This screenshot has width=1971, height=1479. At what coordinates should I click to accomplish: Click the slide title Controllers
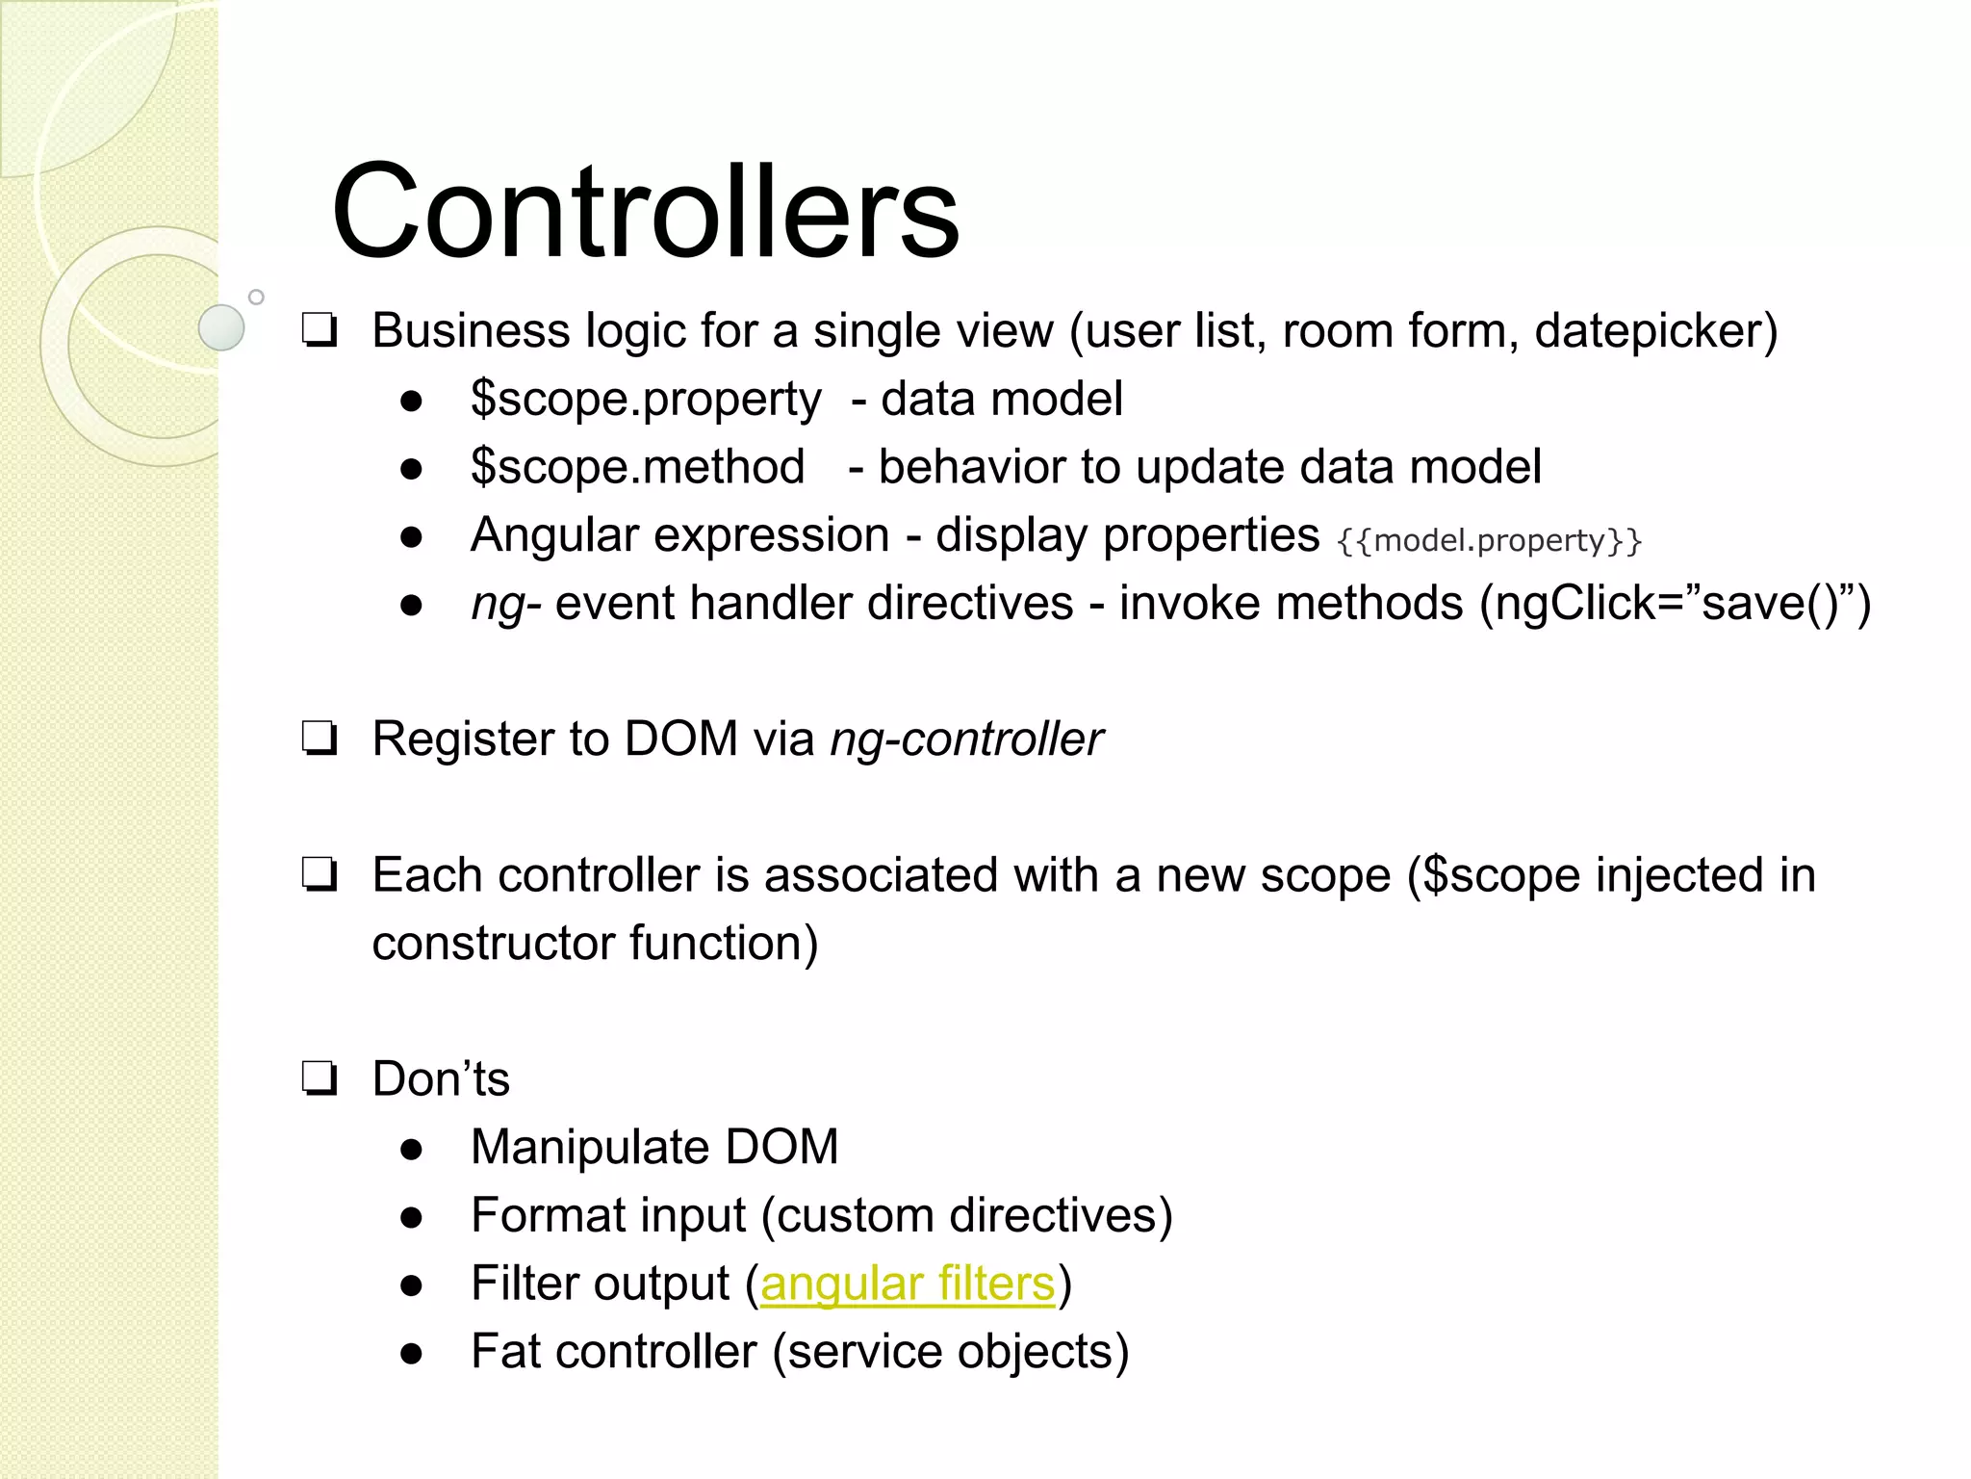645,211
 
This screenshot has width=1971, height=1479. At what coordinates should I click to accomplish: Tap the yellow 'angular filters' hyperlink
908,1284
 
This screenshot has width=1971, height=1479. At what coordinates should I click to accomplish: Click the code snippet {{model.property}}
1488,540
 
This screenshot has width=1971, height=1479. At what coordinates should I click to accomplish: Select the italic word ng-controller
966,739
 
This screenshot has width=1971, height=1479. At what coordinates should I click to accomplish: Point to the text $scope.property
646,400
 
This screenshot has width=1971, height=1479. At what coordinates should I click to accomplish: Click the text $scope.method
637,467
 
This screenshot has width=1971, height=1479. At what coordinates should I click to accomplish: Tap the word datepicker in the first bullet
1647,331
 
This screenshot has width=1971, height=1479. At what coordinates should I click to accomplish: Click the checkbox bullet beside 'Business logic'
319,331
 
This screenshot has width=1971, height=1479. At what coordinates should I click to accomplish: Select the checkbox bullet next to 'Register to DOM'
319,739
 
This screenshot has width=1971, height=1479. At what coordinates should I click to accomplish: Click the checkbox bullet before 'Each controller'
319,875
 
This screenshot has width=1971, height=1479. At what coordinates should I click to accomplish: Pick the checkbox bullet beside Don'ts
319,1079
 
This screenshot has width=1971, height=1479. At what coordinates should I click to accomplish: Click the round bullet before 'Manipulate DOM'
412,1149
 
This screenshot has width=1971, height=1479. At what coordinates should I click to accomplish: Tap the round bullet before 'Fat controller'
412,1353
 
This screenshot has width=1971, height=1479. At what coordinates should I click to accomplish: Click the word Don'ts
441,1079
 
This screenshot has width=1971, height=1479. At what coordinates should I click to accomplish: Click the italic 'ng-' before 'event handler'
505,605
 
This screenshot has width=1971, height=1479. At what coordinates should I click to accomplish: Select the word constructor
493,943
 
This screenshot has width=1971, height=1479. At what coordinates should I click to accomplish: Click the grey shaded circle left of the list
222,327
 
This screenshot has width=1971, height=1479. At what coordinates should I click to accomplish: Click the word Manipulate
589,1148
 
